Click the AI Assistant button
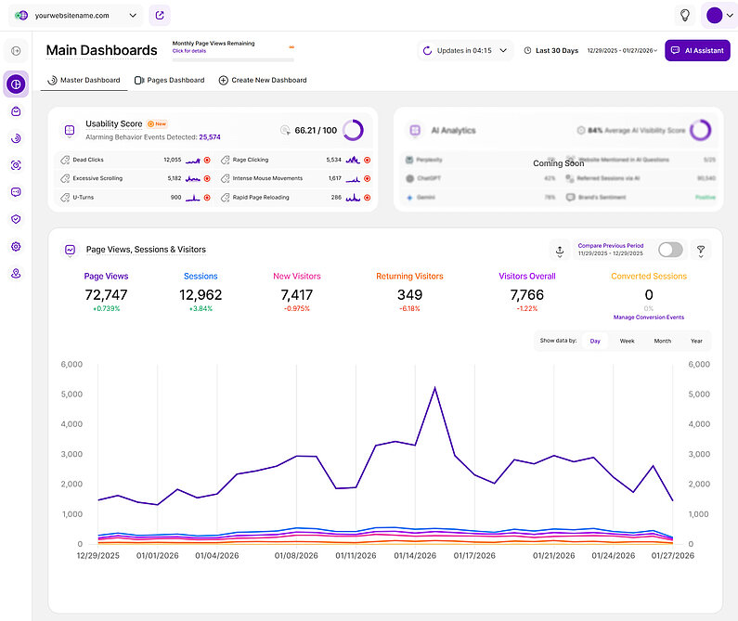tap(697, 50)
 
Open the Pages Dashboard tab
tap(170, 80)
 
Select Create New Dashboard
tap(263, 80)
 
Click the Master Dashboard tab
tap(84, 80)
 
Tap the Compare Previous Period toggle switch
tap(669, 250)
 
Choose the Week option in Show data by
tap(628, 341)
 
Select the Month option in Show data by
tap(662, 341)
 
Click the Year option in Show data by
tap(696, 341)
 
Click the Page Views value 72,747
tap(106, 295)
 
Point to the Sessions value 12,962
tap(201, 295)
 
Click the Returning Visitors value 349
tap(409, 295)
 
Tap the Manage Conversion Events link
tap(649, 317)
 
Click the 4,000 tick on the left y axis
tap(71, 424)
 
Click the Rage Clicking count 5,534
tap(334, 160)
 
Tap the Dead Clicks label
tap(88, 160)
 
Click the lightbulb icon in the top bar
tap(685, 15)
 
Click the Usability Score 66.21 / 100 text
tap(316, 131)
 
